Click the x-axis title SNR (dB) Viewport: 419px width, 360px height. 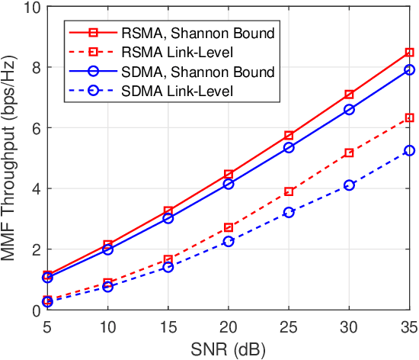point(229,349)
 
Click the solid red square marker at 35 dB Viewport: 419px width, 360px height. point(410,53)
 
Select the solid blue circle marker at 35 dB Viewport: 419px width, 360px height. point(410,69)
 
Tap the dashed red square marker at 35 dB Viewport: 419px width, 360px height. point(410,117)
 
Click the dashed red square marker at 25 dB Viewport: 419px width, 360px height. point(289,191)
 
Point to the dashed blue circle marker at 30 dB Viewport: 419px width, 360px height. point(350,185)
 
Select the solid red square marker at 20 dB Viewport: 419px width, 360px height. point(229,174)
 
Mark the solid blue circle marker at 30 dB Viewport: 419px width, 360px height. point(350,109)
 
